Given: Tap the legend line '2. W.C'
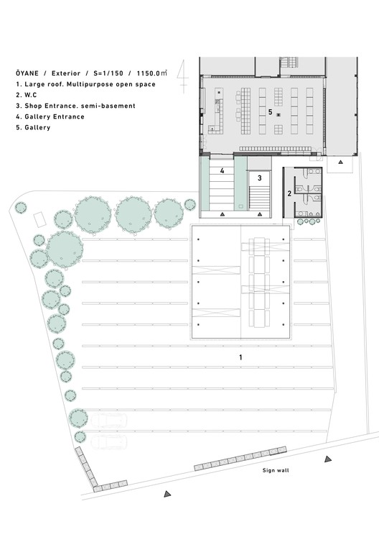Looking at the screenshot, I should click(29, 95).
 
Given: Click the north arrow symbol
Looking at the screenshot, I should click(184, 74).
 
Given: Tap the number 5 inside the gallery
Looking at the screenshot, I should click(270, 112).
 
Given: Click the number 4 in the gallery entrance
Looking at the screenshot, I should click(223, 171).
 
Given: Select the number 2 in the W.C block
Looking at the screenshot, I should click(289, 193).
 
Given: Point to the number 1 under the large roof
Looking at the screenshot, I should click(240, 357).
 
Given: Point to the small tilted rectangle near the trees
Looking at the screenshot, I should click(40, 217).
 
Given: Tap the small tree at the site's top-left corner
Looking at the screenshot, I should click(21, 208).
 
